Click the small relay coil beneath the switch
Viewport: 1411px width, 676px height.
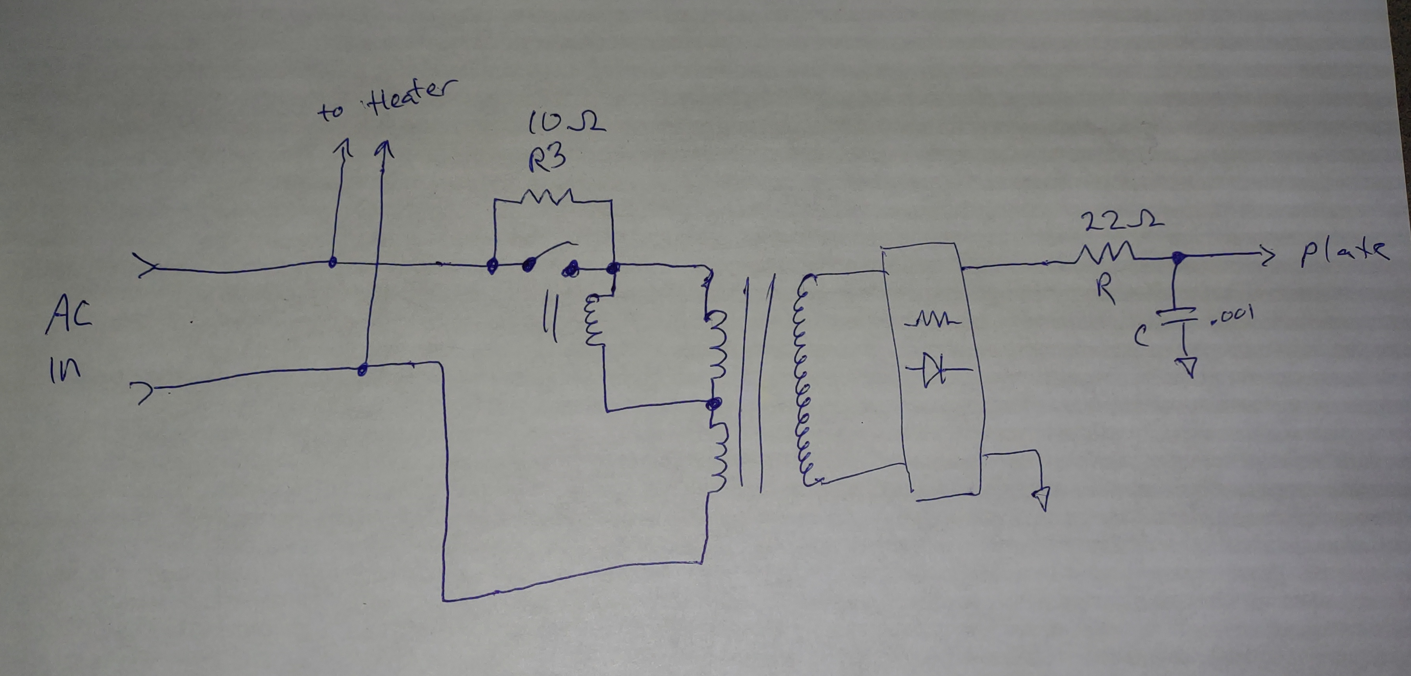click(x=595, y=321)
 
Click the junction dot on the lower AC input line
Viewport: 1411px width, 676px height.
click(x=362, y=370)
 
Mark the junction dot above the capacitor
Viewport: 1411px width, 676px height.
click(x=1176, y=257)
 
